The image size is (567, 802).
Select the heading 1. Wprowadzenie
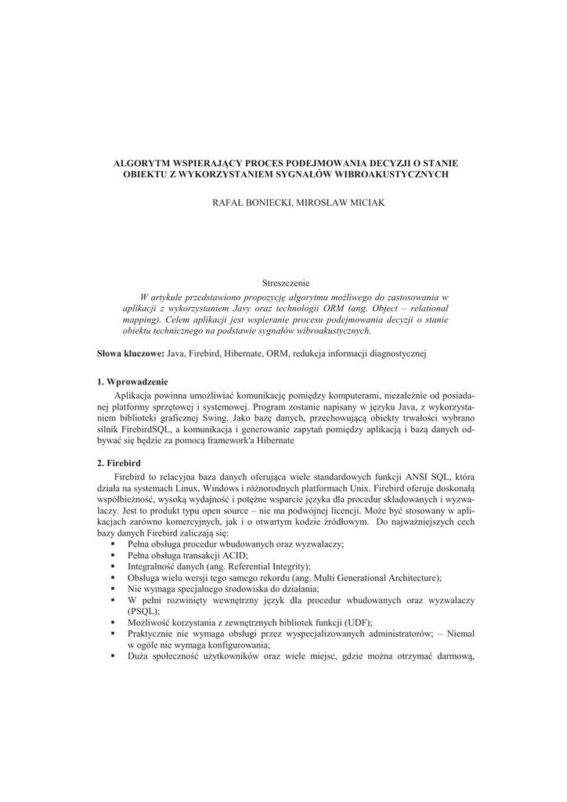pos(132,381)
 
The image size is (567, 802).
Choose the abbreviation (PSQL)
pos(143,610)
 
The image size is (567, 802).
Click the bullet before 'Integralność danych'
pos(114,565)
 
